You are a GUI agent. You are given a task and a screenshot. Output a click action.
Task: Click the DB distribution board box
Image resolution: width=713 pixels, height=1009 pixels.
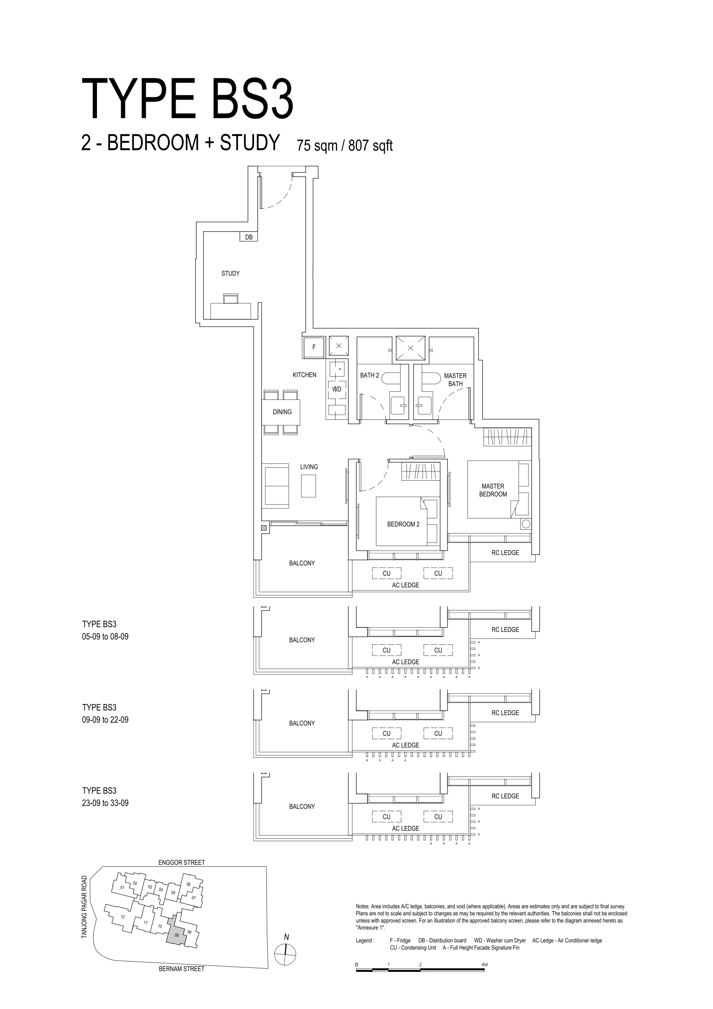[x=249, y=237]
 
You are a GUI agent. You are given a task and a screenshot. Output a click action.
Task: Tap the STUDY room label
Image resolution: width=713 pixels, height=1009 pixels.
[x=231, y=273]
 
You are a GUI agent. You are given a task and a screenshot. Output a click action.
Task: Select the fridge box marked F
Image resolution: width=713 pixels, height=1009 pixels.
[x=314, y=347]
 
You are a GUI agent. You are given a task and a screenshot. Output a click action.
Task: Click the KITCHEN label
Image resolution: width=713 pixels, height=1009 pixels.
[x=304, y=375]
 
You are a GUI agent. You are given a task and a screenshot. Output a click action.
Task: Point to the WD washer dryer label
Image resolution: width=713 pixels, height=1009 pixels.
[x=337, y=389]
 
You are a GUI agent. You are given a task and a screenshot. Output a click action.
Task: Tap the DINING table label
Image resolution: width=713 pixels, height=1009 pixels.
[x=282, y=412]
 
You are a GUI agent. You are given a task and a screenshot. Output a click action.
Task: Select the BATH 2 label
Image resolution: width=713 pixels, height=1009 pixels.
[x=370, y=375]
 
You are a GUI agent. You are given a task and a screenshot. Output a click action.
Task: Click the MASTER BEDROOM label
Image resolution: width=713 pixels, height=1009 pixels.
[x=493, y=490]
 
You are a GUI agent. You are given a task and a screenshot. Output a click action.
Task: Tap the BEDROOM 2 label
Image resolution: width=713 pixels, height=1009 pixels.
[x=403, y=524]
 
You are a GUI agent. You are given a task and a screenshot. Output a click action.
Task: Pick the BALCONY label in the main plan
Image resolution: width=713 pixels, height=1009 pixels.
[x=302, y=563]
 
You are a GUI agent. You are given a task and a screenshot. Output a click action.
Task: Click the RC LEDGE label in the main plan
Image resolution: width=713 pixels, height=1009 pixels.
[x=505, y=553]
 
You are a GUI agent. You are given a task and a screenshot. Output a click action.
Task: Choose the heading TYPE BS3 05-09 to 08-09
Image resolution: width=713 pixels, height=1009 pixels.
[x=105, y=630]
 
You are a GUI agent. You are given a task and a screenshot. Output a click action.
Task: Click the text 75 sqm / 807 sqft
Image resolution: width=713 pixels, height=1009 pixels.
[x=344, y=145]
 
